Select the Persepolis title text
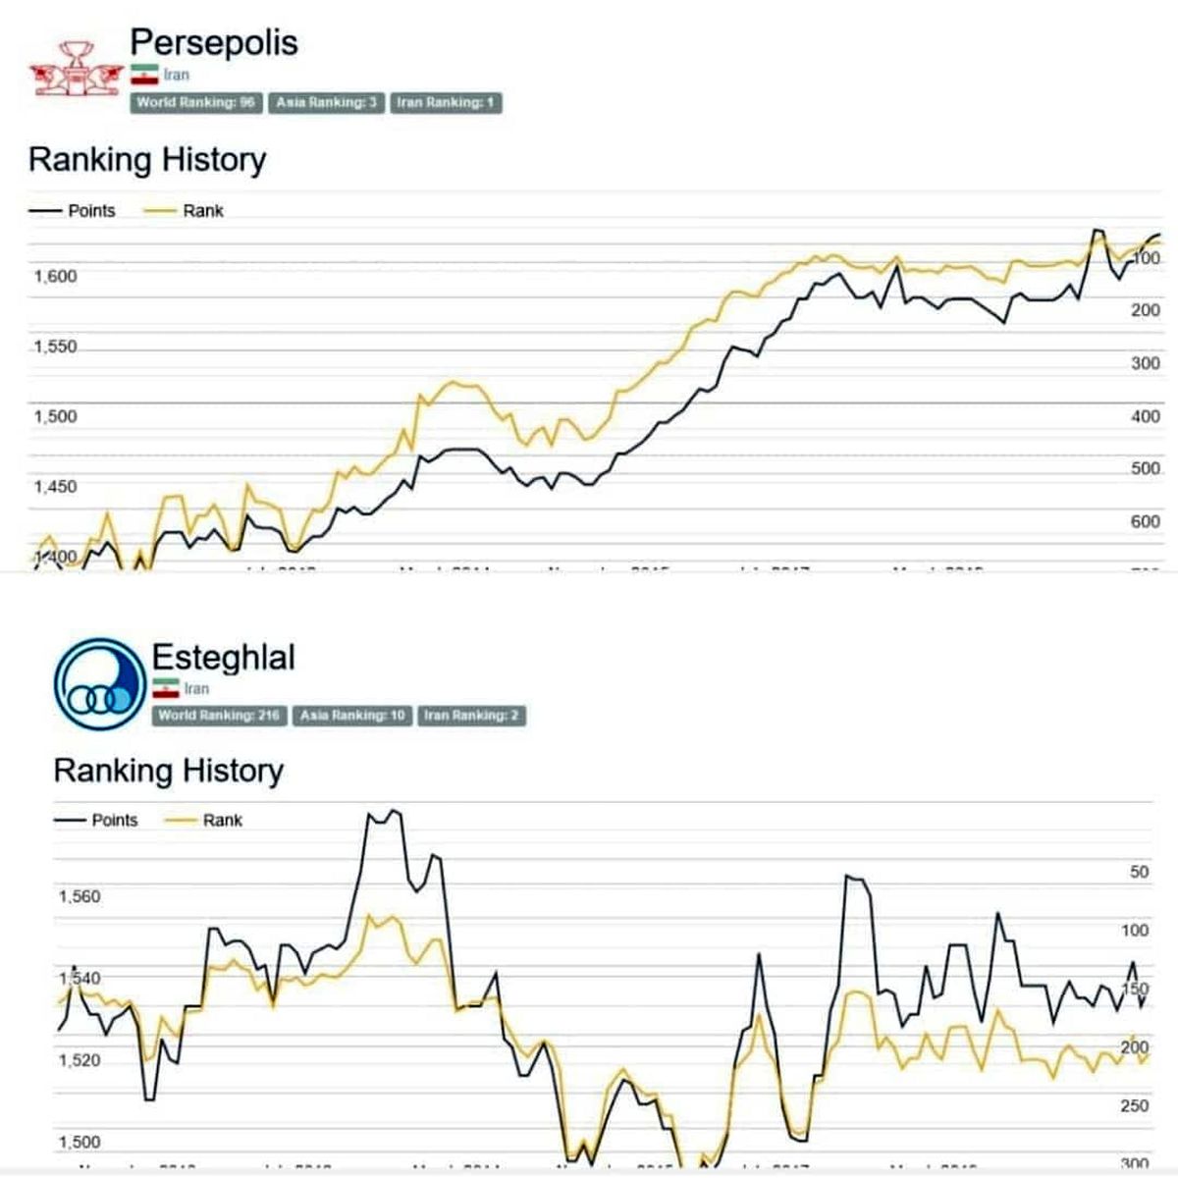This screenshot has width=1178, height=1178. pyautogui.click(x=213, y=42)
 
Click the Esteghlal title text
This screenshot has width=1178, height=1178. pyautogui.click(x=223, y=657)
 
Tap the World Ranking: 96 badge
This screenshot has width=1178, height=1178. pyautogui.click(x=195, y=102)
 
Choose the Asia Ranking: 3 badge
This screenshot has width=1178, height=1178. pyautogui.click(x=326, y=102)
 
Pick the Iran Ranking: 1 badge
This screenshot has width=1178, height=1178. pyautogui.click(x=446, y=102)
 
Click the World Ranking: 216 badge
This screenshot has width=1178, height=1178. pyautogui.click(x=219, y=716)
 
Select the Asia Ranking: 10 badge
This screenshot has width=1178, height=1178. pyautogui.click(x=352, y=716)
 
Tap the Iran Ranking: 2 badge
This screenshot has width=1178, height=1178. pyautogui.click(x=471, y=716)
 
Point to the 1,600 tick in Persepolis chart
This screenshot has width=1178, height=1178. pyautogui.click(x=55, y=277)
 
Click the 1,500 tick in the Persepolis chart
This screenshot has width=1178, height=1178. pyautogui.click(x=55, y=416)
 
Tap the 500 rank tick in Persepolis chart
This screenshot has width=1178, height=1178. pyautogui.click(x=1146, y=468)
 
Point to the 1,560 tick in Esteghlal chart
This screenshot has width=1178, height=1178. pyautogui.click(x=79, y=896)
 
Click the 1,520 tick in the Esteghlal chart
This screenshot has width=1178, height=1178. pyautogui.click(x=79, y=1060)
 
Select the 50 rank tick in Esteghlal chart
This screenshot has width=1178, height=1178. pyautogui.click(x=1139, y=872)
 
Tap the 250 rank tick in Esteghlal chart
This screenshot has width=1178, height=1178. pyautogui.click(x=1135, y=1105)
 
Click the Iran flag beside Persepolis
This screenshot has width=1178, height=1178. pyautogui.click(x=144, y=75)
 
